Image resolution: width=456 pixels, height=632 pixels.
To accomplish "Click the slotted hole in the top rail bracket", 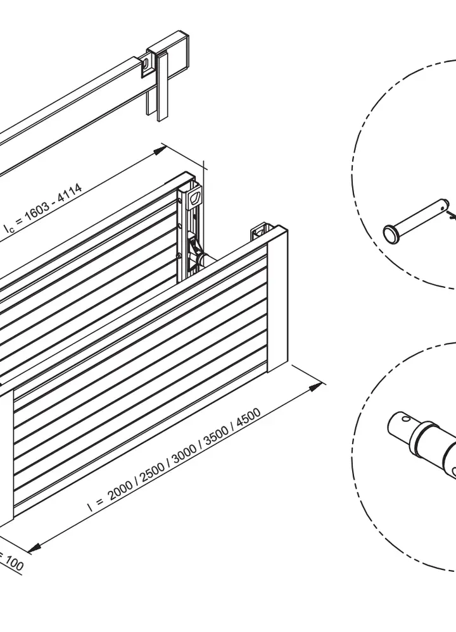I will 146,64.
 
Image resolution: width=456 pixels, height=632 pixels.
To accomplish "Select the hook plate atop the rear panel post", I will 196,198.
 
